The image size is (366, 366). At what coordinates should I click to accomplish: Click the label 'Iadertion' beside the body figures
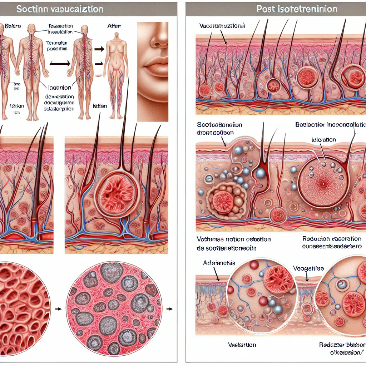59,87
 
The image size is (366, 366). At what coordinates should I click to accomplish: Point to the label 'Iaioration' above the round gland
323,140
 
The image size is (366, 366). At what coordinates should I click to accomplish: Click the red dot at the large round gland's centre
323,184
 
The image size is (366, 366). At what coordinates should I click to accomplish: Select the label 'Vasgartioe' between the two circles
308,268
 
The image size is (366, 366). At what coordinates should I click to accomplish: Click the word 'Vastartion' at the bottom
242,345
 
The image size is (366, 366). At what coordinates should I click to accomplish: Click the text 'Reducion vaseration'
332,239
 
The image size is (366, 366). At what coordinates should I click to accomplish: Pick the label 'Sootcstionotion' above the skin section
219,125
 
